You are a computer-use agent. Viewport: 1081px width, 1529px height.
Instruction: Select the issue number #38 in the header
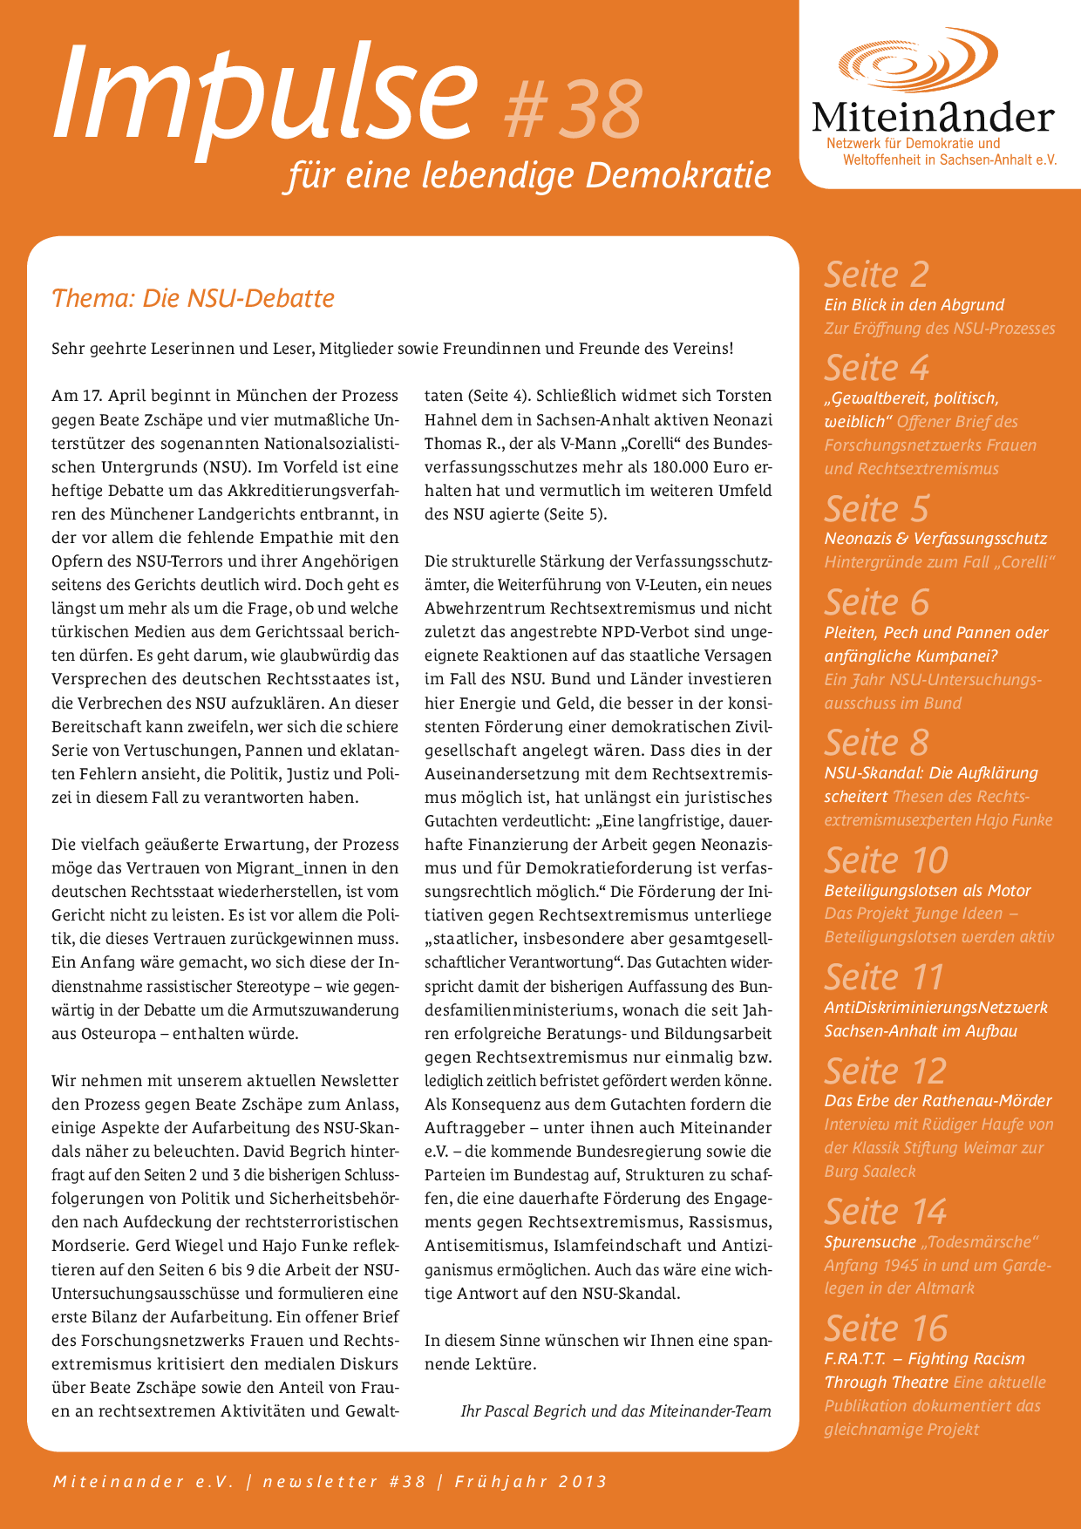(x=574, y=109)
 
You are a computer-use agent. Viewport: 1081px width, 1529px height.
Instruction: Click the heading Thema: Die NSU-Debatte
(x=193, y=298)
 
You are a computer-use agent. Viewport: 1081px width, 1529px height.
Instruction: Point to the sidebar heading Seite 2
(x=876, y=275)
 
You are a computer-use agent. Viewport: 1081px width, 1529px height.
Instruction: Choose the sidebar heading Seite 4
(x=876, y=368)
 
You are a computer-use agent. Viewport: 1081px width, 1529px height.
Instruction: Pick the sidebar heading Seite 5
(x=876, y=508)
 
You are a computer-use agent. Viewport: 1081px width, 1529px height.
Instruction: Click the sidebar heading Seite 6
(x=876, y=602)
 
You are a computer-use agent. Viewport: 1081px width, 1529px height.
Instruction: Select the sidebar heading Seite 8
(x=876, y=743)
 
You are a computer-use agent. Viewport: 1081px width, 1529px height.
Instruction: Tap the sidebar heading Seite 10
(x=885, y=860)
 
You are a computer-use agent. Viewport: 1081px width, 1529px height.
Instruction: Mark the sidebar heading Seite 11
(x=884, y=977)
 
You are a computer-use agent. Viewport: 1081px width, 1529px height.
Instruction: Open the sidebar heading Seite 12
(x=885, y=1071)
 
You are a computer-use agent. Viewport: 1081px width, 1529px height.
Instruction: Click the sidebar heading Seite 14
(x=885, y=1212)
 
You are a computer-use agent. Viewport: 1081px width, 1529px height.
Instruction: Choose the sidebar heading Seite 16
(x=885, y=1329)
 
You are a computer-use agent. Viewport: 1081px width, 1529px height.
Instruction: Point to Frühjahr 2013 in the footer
(x=530, y=1482)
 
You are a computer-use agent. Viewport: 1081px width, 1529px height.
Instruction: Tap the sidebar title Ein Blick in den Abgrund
(x=914, y=305)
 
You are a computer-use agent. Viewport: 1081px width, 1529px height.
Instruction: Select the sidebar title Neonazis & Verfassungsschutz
(x=935, y=539)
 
